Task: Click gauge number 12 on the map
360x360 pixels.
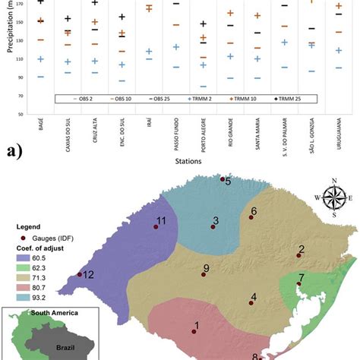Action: (x=80, y=275)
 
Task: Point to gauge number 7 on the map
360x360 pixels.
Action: (x=299, y=283)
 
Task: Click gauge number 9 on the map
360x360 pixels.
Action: (x=203, y=274)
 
